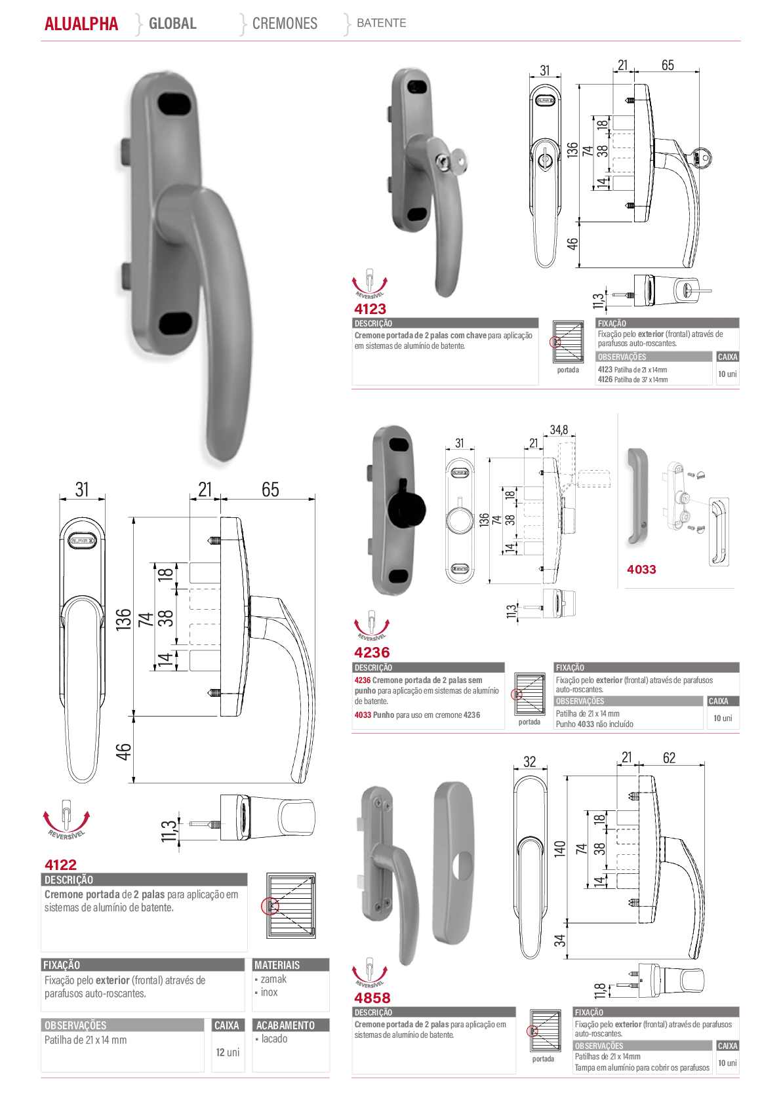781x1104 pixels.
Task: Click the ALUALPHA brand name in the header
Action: pyautogui.click(x=81, y=24)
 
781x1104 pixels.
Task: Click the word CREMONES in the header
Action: pyautogui.click(x=285, y=23)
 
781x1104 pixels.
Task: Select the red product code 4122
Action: pyautogui.click(x=60, y=865)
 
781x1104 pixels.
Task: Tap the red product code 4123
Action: pyautogui.click(x=370, y=309)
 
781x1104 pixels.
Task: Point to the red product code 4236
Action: pyautogui.click(x=372, y=652)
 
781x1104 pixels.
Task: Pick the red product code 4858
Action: pyautogui.click(x=372, y=998)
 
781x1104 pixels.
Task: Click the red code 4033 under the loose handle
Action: pyautogui.click(x=641, y=569)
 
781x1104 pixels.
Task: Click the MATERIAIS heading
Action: pyautogui.click(x=277, y=965)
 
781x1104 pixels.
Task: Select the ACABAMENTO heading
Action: pyautogui.click(x=285, y=1025)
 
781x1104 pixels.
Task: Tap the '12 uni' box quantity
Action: pyautogui.click(x=228, y=1052)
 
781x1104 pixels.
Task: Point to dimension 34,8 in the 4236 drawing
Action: pyautogui.click(x=559, y=430)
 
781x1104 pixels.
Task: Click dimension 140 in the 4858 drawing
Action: pyautogui.click(x=559, y=849)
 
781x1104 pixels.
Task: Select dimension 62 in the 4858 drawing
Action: pyautogui.click(x=669, y=757)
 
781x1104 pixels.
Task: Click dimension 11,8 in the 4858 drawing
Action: pyautogui.click(x=599, y=990)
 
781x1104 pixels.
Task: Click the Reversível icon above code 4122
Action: pyautogui.click(x=66, y=819)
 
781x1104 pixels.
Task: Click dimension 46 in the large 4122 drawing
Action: pyautogui.click(x=123, y=751)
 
